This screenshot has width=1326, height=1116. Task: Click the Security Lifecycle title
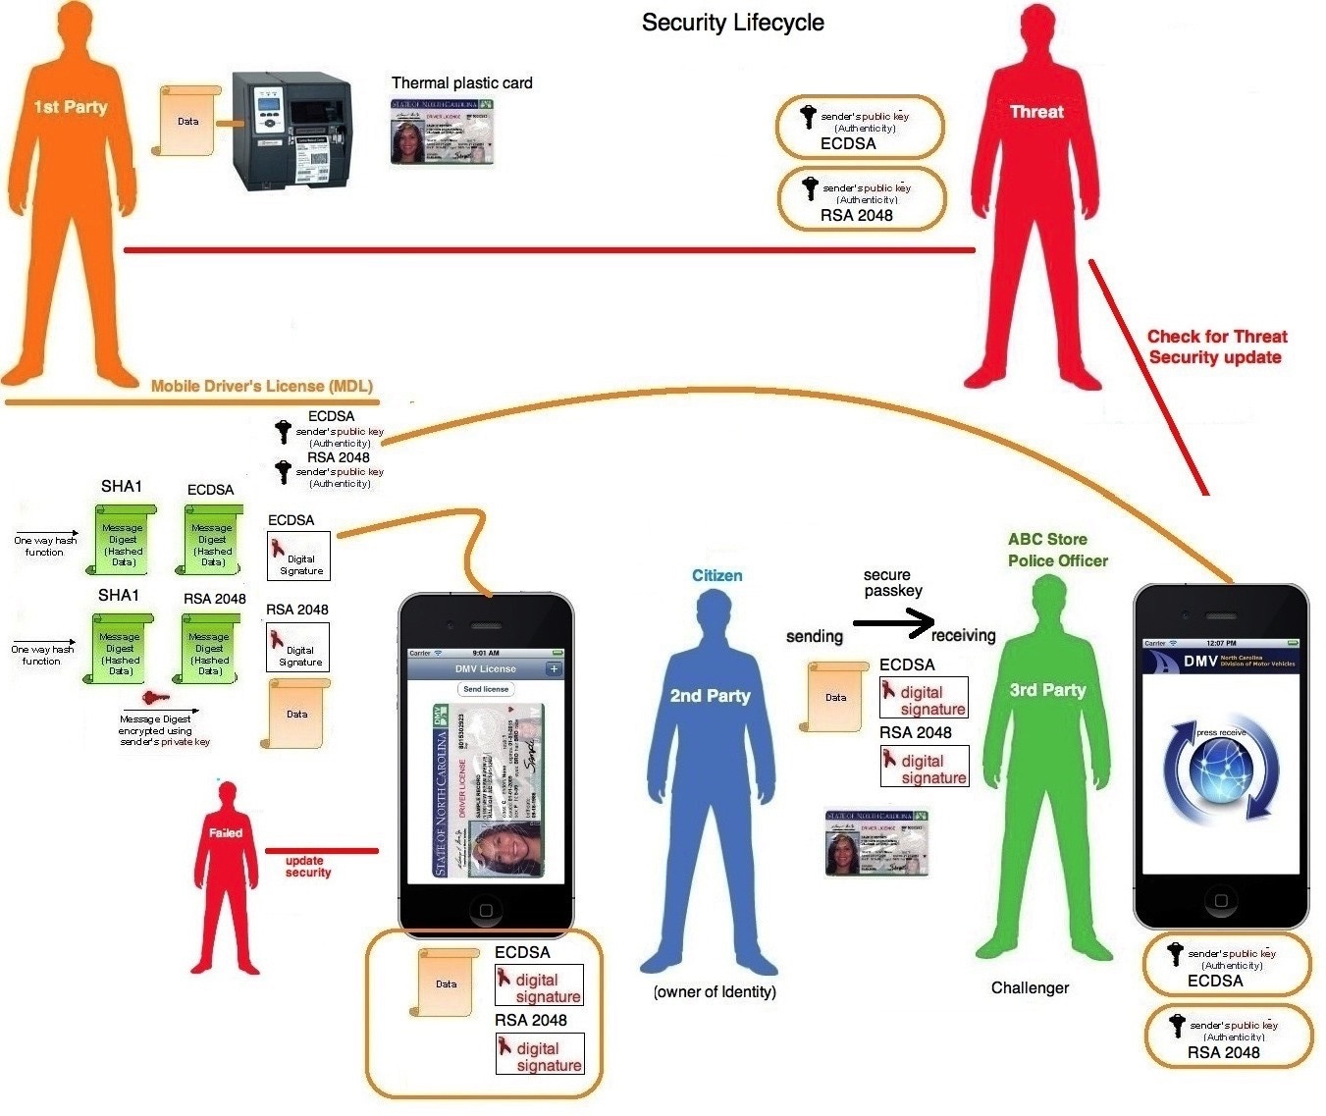(x=732, y=23)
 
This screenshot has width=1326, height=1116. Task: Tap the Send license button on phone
(x=486, y=689)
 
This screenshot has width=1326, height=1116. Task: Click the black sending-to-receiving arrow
(x=893, y=622)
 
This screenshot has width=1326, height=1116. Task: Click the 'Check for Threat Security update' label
(x=1216, y=346)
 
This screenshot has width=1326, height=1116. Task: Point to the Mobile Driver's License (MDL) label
(x=262, y=386)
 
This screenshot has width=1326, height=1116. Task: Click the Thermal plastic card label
(x=461, y=83)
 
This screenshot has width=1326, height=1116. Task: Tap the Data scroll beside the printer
(x=186, y=121)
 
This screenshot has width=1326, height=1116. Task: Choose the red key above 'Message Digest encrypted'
(x=155, y=698)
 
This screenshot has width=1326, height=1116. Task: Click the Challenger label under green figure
(x=1030, y=987)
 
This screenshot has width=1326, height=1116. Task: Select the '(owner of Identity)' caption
(x=715, y=991)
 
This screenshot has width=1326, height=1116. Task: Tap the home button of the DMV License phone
(x=485, y=910)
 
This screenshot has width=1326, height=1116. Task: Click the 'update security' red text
(x=308, y=867)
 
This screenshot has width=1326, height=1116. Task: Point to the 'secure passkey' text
(x=892, y=583)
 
